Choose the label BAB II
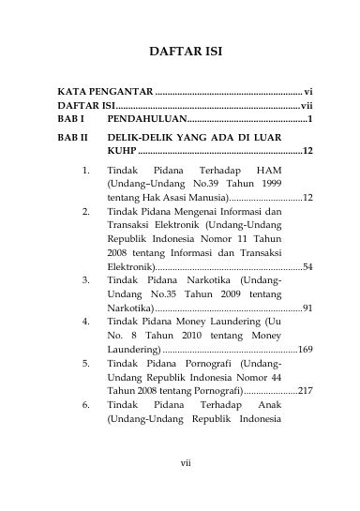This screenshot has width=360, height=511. click(x=73, y=137)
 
